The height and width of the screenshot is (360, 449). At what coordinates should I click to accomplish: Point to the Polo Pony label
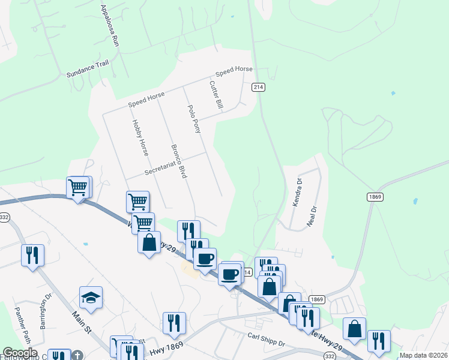pos(194,118)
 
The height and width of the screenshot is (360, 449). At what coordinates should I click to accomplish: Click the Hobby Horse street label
pos(140,137)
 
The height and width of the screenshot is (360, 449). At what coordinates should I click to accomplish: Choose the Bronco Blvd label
pos(178,161)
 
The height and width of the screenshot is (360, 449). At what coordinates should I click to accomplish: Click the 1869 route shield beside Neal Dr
pos(373,197)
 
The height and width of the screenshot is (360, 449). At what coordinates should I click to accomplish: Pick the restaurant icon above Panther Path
pos(32,255)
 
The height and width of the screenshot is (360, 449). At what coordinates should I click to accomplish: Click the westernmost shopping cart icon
pos(78,188)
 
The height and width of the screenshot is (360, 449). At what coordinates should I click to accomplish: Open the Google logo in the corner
pos(20,353)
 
